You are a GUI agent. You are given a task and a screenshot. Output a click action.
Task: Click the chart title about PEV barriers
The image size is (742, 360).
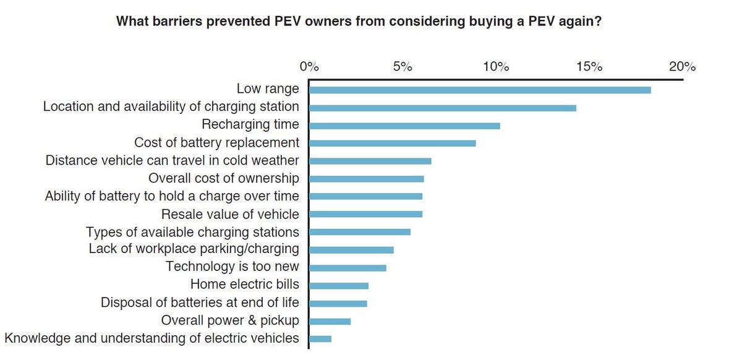pos(360,21)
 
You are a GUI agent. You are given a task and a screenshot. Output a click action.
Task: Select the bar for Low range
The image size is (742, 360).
pos(479,90)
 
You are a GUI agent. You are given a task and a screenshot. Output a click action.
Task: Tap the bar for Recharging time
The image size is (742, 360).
pos(404,126)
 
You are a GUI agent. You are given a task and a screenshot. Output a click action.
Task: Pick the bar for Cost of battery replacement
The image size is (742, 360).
pos(392,144)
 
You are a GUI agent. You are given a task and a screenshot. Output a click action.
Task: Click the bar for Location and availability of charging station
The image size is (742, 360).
pos(442,108)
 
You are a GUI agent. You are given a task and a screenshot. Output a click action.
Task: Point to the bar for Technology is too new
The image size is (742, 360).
pos(347,268)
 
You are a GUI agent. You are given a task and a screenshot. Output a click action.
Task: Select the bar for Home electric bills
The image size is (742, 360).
pos(338,286)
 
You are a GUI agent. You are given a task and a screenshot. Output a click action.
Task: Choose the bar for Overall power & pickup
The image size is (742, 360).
pos(330,322)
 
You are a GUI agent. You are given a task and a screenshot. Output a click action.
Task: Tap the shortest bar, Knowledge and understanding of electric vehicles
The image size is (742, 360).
pos(320,339)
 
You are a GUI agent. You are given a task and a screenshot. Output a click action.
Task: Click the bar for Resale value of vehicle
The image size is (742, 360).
pos(365,215)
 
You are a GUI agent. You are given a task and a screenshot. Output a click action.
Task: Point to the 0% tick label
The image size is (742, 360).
pos(309,67)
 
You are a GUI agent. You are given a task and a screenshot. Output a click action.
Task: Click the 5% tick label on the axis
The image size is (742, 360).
pos(402,67)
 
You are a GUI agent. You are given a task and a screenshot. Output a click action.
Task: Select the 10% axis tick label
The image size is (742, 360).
pos(495,67)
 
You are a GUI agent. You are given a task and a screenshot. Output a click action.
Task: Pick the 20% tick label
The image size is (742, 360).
pos(682,67)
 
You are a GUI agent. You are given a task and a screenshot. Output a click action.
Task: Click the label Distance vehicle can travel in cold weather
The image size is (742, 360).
pos(173,161)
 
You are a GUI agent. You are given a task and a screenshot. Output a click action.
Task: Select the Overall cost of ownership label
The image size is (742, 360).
pos(224,179)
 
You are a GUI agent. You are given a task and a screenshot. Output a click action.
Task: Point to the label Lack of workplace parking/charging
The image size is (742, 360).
pos(194,249)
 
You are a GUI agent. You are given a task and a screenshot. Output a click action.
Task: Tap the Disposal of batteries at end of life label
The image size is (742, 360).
pos(200,303)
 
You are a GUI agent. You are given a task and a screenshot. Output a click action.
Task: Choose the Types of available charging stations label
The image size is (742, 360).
pos(192,233)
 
